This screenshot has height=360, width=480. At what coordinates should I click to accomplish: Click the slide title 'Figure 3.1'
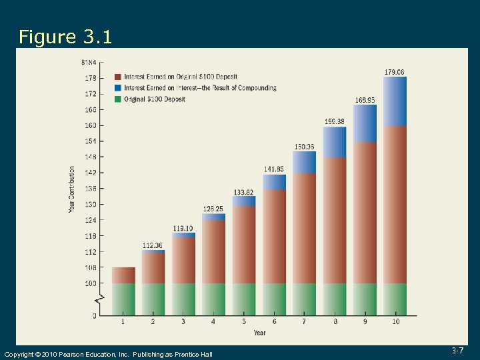pos(65,37)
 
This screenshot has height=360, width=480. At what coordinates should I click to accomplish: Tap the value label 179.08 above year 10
pos(394,72)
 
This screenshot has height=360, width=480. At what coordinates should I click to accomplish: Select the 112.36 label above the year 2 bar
pos(153,245)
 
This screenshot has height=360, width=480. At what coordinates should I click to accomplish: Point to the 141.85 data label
pos(273,169)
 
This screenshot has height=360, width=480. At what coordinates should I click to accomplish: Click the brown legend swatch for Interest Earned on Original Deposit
pos(118,77)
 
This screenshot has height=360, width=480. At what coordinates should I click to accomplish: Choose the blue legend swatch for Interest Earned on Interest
pos(118,88)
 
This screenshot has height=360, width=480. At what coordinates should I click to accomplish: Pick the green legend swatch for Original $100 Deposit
pos(118,99)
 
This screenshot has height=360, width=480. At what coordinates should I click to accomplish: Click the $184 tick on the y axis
pos(89,62)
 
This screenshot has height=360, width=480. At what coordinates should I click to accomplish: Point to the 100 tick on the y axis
pos(90,283)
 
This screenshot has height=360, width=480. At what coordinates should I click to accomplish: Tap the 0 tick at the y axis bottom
pos(94,315)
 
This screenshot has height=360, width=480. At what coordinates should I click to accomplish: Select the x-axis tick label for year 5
pos(243,323)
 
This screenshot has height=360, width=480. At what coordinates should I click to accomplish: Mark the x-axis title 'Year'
pos(259,333)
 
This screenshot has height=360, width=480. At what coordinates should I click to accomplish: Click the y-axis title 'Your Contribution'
pos(72,189)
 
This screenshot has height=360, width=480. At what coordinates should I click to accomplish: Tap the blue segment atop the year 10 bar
pos(395,101)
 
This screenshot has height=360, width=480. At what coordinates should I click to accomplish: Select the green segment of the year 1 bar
pos(123,299)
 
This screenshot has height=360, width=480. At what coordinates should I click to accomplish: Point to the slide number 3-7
pos(457,350)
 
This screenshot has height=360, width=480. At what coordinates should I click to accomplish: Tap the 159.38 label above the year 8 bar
pos(334,121)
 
